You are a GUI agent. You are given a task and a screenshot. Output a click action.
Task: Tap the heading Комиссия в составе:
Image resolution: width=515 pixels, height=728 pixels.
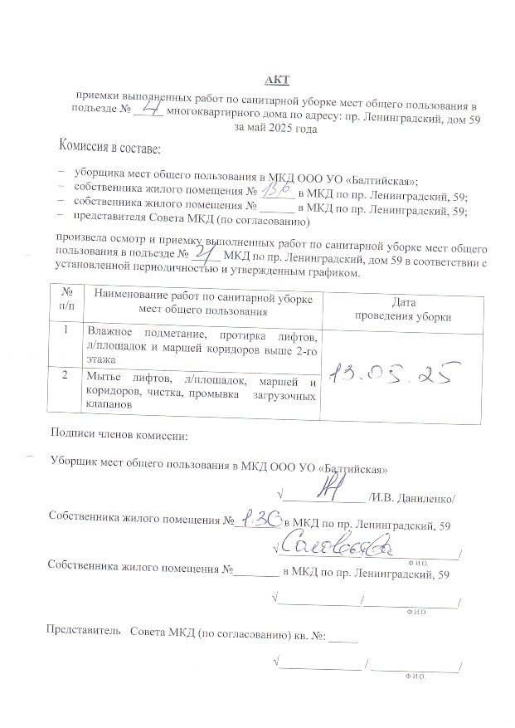(x=109, y=149)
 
